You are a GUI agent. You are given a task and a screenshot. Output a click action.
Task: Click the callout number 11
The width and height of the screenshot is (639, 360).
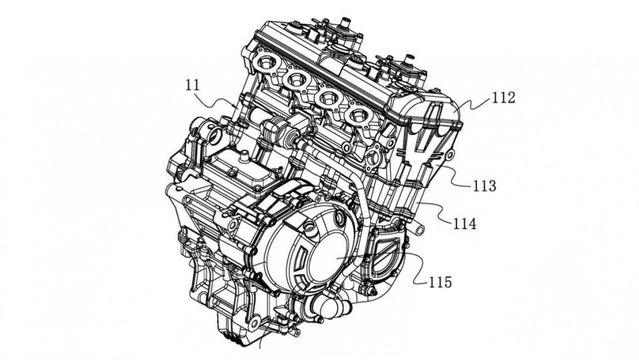pos(193,85)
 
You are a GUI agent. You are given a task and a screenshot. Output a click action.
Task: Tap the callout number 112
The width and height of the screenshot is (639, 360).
pos(503,98)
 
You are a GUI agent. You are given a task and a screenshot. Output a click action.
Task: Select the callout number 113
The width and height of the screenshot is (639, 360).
pos(484,186)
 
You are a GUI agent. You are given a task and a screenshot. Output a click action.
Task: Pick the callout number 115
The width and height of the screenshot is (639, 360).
pos(440,282)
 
